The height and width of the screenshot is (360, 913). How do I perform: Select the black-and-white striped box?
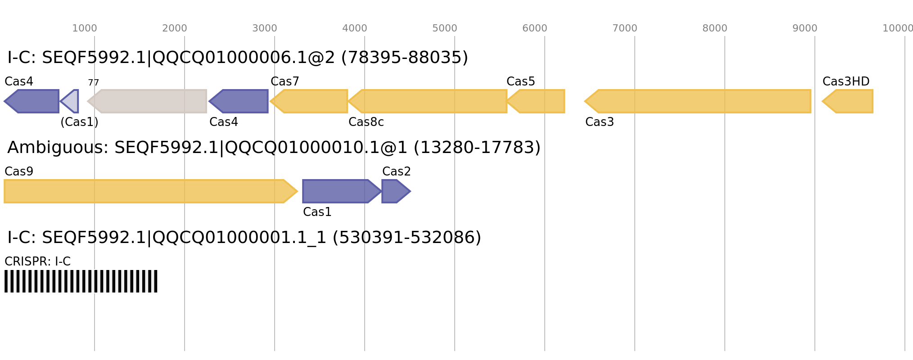[81, 281]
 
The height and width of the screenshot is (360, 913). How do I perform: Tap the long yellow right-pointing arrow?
[149, 191]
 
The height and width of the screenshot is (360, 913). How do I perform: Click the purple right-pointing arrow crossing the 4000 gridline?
[340, 191]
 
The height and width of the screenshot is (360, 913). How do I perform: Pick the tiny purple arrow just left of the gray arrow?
[71, 101]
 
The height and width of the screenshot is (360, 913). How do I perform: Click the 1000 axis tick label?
[85, 28]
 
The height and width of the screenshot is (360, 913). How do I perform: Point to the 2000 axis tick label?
[175, 28]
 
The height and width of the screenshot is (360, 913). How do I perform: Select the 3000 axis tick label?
[265, 28]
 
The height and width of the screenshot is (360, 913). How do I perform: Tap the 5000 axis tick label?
[445, 28]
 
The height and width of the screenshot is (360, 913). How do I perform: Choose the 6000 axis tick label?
[535, 28]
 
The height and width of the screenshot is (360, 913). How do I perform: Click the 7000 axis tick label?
[625, 28]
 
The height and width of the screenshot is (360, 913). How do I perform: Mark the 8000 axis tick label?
[715, 28]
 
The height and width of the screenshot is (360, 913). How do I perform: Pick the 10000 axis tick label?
[897, 28]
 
